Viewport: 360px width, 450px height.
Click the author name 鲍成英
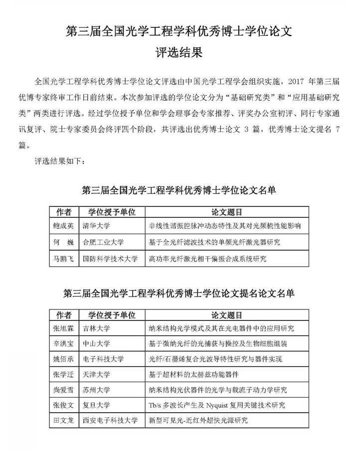pos(63,226)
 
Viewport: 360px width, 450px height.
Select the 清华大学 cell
pos(97,226)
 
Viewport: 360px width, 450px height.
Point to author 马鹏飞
pos(63,259)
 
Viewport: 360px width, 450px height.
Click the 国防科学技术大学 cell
pos(110,259)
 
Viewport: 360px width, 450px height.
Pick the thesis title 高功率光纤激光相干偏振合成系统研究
pos(208,259)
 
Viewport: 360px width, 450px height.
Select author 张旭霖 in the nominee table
pos(63,328)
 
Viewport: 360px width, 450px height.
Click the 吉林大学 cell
pos(97,328)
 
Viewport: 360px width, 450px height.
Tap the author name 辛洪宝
pos(63,344)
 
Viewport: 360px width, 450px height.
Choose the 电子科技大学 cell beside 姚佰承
pos(104,359)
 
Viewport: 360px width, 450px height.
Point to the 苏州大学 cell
pos(97,390)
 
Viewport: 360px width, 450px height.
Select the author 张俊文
pos(63,405)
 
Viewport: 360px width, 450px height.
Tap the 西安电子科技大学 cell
pos(110,421)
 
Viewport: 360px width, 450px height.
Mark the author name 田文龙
pos(63,421)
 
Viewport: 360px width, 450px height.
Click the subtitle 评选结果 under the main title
pos(180,52)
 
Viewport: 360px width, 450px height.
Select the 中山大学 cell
pos(97,344)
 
